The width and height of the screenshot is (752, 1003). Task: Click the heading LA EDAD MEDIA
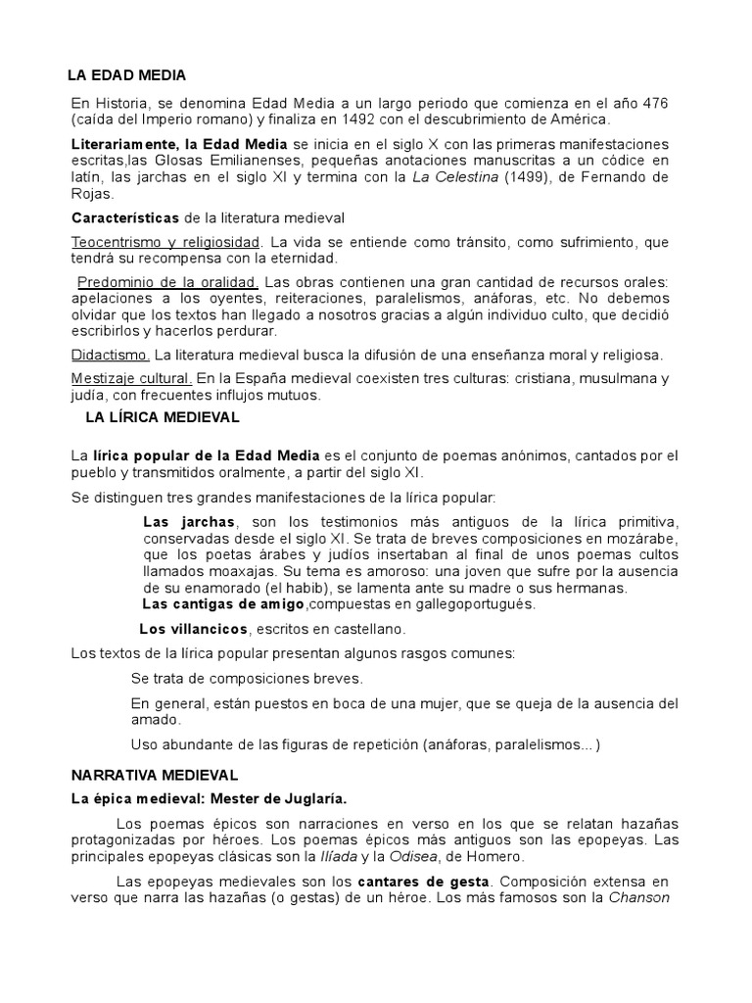click(x=126, y=74)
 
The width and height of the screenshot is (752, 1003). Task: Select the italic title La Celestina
click(x=455, y=176)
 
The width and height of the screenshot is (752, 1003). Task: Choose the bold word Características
click(x=125, y=216)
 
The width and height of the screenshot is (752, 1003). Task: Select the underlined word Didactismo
click(x=111, y=354)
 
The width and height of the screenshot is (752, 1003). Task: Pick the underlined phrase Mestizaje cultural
click(x=131, y=377)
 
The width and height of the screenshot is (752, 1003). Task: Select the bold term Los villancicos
click(x=194, y=628)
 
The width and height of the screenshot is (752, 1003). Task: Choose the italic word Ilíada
click(x=317, y=857)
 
